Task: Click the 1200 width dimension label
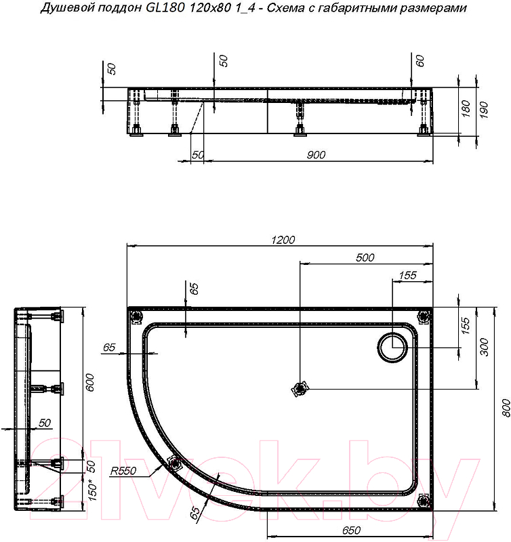click(283, 240)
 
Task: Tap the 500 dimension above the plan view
click(365, 257)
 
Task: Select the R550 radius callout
click(123, 471)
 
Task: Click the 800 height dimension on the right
click(505, 408)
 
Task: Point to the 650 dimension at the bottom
click(351, 530)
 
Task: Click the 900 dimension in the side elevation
click(316, 155)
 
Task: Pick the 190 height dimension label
click(483, 110)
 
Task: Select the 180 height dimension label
click(466, 108)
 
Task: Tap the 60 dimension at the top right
click(420, 61)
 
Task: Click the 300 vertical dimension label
click(484, 348)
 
